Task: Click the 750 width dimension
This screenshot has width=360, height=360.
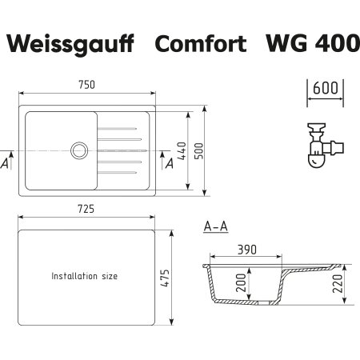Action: [x=86, y=85]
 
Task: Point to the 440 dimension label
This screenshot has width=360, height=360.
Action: [x=182, y=150]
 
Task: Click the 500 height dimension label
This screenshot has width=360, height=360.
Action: [x=211, y=150]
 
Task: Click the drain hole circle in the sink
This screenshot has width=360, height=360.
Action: [x=79, y=148]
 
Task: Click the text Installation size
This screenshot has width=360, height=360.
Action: [x=85, y=276]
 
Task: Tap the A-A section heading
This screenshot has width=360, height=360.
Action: [x=216, y=227]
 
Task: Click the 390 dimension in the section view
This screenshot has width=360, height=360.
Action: [x=246, y=250]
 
